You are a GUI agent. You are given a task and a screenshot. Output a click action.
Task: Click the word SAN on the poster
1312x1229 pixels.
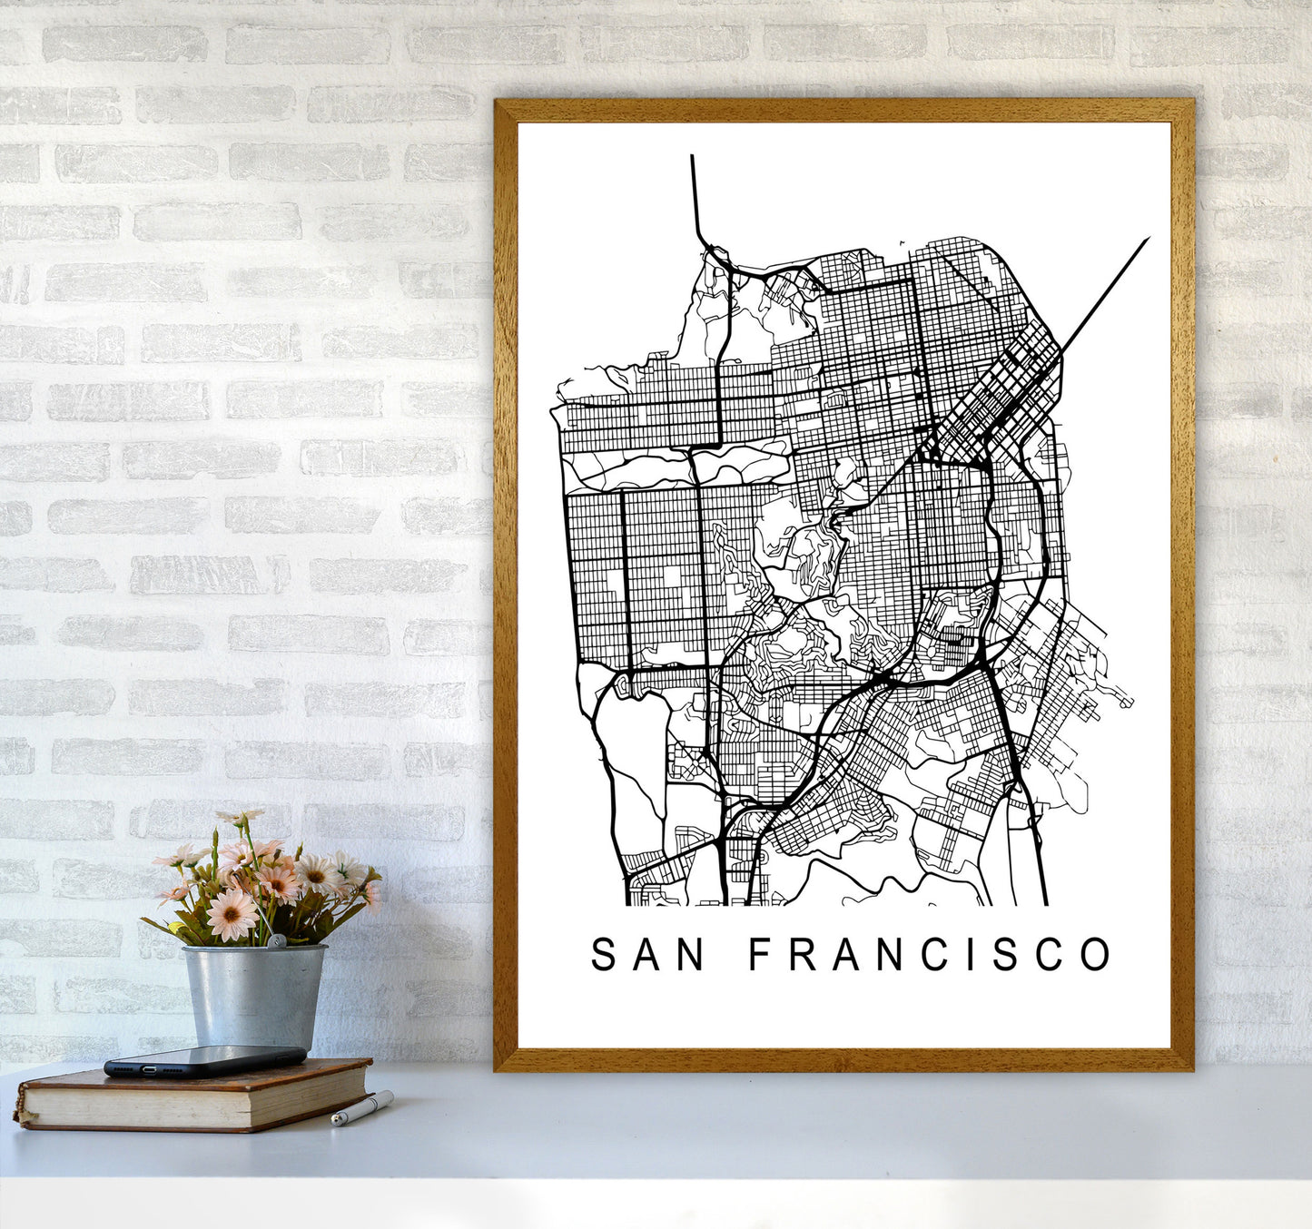647,954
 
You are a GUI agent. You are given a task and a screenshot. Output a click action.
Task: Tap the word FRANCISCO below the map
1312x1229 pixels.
930,954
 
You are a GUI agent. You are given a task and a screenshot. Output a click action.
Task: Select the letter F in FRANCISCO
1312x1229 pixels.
760,954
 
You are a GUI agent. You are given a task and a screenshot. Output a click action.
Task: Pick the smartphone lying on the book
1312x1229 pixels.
205,1061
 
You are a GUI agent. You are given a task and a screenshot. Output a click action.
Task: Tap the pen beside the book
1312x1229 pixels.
361,1108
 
